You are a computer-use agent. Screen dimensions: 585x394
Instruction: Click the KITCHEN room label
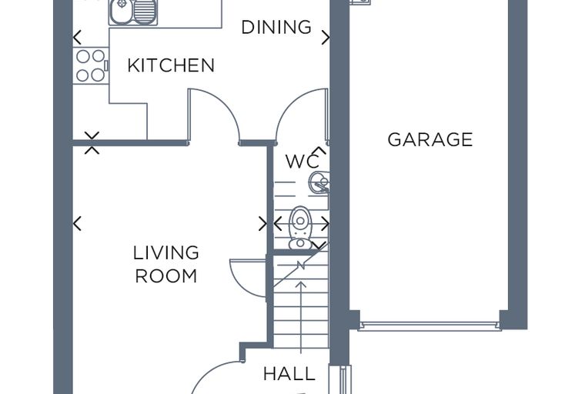click(171, 65)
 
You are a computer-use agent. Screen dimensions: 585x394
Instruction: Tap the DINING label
click(276, 27)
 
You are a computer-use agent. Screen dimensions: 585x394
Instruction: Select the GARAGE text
click(430, 139)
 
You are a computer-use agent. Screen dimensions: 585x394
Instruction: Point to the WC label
click(303, 162)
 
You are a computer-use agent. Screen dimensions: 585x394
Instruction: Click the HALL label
click(289, 374)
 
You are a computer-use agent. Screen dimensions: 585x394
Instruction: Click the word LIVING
click(166, 253)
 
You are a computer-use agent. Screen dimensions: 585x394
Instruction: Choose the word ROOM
click(166, 276)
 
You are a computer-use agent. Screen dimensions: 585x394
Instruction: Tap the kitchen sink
click(133, 12)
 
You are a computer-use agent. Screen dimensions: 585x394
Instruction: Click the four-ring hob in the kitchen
click(91, 65)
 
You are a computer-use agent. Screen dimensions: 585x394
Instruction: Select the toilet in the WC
click(300, 228)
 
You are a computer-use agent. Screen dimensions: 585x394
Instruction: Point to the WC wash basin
click(319, 182)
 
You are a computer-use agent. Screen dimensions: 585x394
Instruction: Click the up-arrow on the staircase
click(301, 317)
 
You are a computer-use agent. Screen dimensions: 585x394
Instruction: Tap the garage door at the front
click(430, 326)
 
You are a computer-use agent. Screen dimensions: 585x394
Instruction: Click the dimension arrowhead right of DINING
click(326, 38)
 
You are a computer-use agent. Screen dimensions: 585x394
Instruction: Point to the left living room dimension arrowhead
click(77, 224)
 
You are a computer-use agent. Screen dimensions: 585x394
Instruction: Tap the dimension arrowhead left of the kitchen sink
click(77, 37)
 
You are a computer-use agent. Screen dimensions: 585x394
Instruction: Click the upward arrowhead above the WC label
click(320, 150)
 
